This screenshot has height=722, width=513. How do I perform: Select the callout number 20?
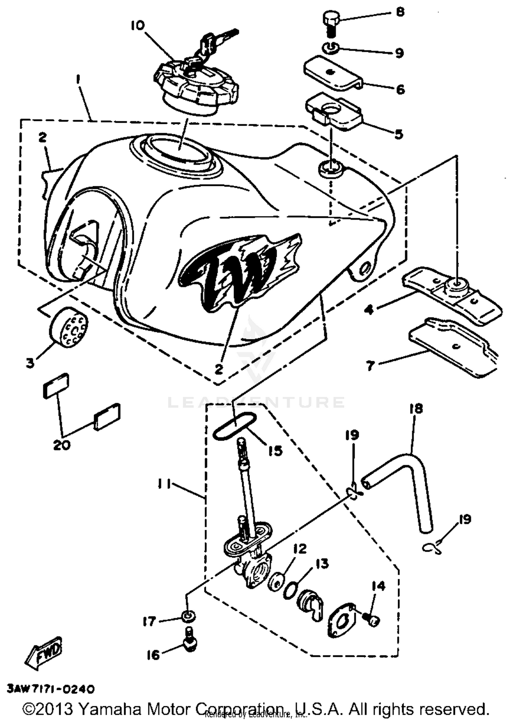(x=62, y=445)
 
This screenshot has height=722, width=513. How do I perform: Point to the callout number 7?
(x=370, y=366)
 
